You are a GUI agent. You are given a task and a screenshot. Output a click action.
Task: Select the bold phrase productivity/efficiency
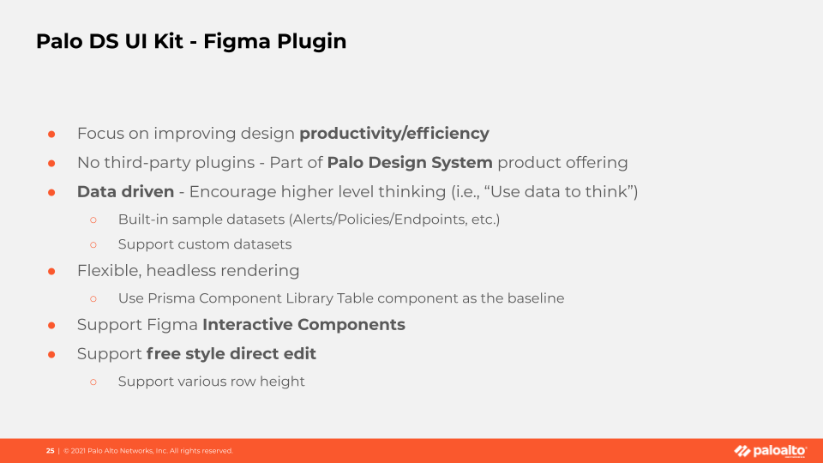pyautogui.click(x=394, y=134)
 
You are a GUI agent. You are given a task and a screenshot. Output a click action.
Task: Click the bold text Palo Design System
pyautogui.click(x=410, y=163)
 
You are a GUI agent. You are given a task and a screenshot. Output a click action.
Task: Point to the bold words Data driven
pyautogui.click(x=125, y=191)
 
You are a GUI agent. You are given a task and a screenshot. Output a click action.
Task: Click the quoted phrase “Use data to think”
pyautogui.click(x=558, y=191)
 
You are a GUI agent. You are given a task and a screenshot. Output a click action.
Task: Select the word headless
pyautogui.click(x=181, y=271)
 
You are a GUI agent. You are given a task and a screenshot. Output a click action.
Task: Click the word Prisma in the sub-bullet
pyautogui.click(x=171, y=298)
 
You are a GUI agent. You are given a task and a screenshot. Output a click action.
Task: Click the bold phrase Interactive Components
pyautogui.click(x=303, y=325)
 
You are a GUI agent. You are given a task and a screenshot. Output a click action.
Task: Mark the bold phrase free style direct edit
pyautogui.click(x=231, y=354)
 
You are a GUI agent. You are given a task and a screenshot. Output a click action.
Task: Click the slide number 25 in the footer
pyautogui.click(x=50, y=451)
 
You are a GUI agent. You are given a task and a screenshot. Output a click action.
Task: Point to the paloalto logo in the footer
pyautogui.click(x=770, y=451)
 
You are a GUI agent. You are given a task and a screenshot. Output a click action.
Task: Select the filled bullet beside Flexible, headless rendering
pyautogui.click(x=51, y=272)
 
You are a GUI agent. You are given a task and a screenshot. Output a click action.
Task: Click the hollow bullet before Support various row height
pyautogui.click(x=93, y=382)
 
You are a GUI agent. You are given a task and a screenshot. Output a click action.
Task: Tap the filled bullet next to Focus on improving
pyautogui.click(x=51, y=135)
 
